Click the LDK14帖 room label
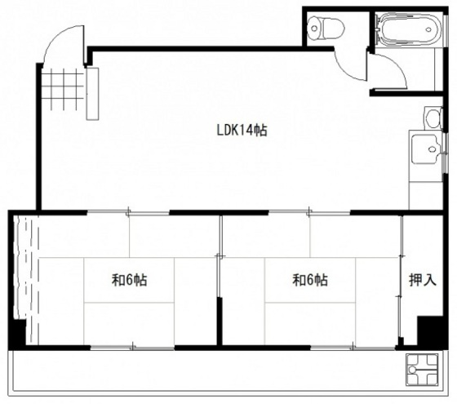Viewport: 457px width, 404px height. pos(242,130)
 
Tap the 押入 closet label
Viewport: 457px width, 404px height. pos(423,280)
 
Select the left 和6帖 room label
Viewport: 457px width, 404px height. pos(130,280)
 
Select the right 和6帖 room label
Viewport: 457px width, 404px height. pos(310,280)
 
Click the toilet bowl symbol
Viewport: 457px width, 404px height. pos(326,29)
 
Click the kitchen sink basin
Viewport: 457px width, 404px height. pos(427,150)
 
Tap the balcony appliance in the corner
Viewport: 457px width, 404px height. pos(422,369)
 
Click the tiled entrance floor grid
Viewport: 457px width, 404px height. pos(64,89)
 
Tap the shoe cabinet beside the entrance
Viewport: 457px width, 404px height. pos(93,93)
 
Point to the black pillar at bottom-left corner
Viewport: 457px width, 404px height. pos(17,333)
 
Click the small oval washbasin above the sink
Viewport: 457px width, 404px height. pos(433,118)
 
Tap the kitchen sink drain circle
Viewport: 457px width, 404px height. pos(432,150)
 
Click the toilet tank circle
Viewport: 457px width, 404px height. pos(314,29)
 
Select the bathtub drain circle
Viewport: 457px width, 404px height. pos(428,29)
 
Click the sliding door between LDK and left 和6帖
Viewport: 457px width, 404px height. pos(128,213)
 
